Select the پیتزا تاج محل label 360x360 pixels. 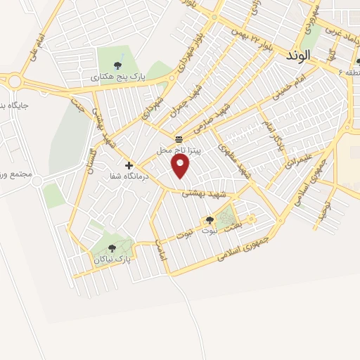(179, 150)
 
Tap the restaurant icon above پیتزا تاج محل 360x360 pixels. (179, 138)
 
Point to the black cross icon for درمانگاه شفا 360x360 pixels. (129, 165)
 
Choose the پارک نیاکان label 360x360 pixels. (112, 259)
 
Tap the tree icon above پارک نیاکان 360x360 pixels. (112, 247)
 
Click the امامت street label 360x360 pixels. (161, 252)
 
